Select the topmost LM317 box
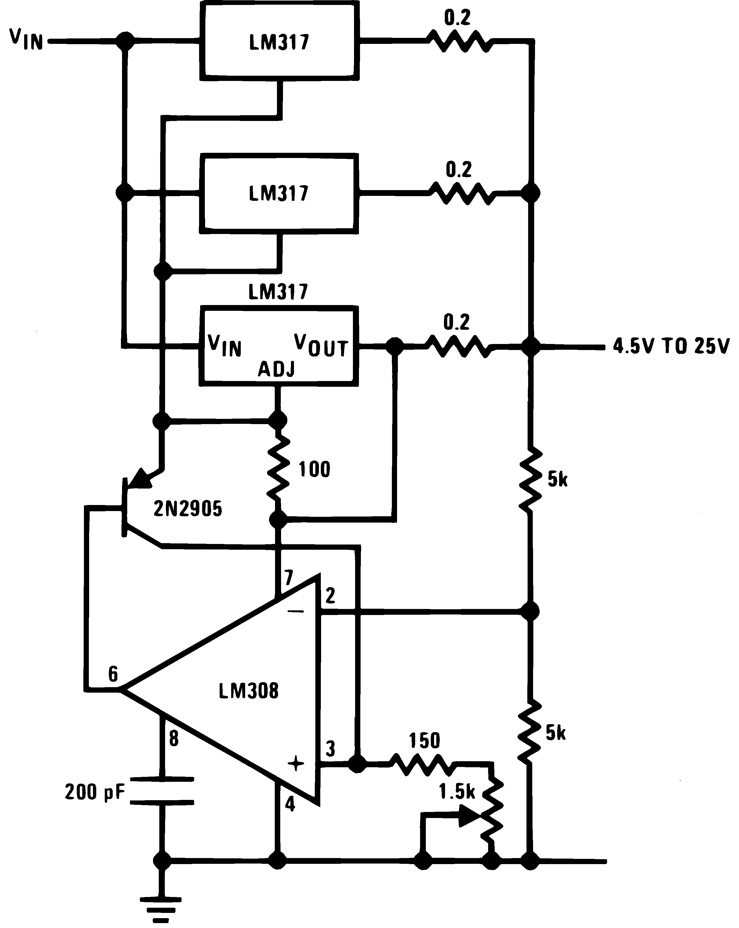(x=279, y=42)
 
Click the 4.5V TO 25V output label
(x=671, y=346)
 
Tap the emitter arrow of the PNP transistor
(x=140, y=479)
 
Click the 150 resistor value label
(x=424, y=741)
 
